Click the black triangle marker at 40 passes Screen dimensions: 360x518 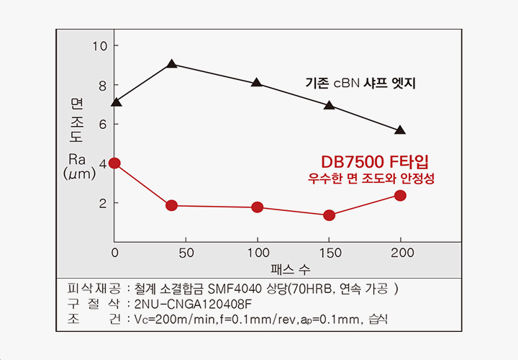tap(171, 64)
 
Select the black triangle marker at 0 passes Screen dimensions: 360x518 tap(117, 102)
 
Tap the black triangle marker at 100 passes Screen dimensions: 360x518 tap(257, 83)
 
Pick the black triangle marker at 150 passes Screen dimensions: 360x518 tap(329, 105)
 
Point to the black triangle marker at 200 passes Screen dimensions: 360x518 tap(400, 130)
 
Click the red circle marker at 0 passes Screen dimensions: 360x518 tap(114, 163)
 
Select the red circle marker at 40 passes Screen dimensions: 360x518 tap(171, 205)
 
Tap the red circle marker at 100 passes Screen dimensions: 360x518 tap(257, 207)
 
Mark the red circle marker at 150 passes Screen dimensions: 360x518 tap(329, 215)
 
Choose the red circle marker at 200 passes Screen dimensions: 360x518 tap(400, 196)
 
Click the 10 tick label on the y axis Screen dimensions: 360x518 tap(99, 45)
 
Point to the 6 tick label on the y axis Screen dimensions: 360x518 tap(103, 125)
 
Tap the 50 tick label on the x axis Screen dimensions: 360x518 tap(186, 253)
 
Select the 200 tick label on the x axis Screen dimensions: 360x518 tap(402, 253)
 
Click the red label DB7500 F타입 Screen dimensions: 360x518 tap(379, 161)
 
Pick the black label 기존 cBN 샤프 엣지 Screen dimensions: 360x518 tap(361, 84)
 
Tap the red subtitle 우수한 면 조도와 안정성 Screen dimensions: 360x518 tap(372, 178)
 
